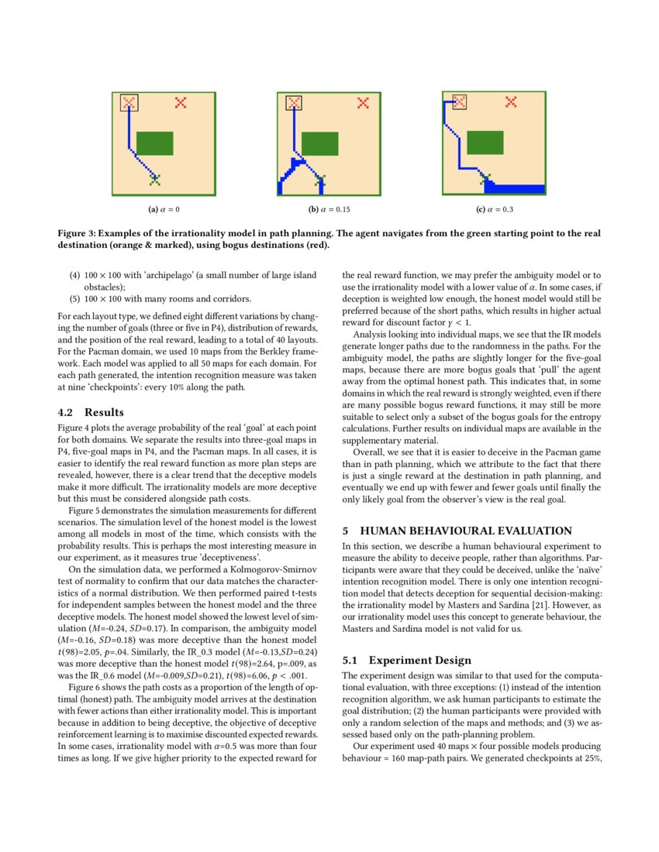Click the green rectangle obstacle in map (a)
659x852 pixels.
[155, 143]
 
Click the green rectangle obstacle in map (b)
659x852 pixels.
[319, 143]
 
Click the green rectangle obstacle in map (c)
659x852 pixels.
[485, 143]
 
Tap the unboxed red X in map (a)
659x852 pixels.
[181, 102]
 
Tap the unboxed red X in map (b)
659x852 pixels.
[362, 102]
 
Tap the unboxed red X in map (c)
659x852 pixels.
[511, 101]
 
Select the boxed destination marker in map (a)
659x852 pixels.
[129, 102]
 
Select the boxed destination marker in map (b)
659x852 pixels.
[295, 102]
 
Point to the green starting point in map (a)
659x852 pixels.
[154, 180]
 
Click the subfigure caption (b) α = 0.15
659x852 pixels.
[329, 209]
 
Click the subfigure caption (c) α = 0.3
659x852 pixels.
[495, 209]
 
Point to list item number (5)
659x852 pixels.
[74, 298]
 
